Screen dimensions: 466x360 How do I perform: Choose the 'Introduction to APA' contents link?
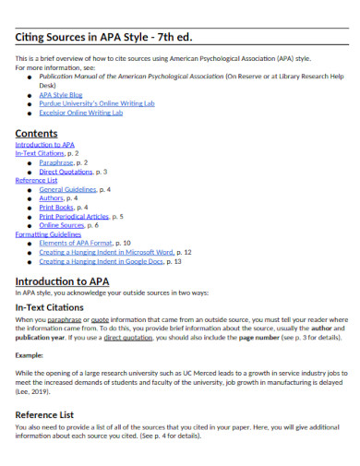pos(45,145)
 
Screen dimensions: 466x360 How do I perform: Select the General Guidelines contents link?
pos(68,189)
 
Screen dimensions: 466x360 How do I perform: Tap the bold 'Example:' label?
pos(31,354)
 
